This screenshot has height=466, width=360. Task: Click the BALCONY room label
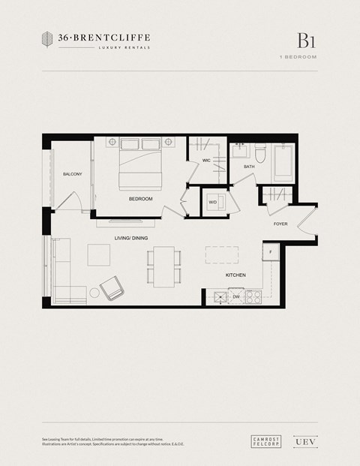click(x=73, y=174)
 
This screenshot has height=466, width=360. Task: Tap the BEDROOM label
click(x=140, y=199)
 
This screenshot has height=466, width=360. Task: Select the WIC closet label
click(x=205, y=160)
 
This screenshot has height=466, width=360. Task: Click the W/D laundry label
click(x=212, y=202)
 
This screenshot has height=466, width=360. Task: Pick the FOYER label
click(x=280, y=224)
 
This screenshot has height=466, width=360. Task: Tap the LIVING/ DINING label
click(x=130, y=238)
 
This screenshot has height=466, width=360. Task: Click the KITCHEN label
click(x=236, y=275)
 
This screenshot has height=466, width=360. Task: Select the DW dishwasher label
click(x=235, y=297)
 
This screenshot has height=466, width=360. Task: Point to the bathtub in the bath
click(x=283, y=161)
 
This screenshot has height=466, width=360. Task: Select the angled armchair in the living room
click(x=113, y=287)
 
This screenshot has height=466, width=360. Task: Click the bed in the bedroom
click(x=140, y=164)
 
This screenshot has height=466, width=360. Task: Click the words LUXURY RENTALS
click(x=124, y=47)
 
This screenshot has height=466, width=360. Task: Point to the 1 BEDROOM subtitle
click(x=298, y=57)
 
